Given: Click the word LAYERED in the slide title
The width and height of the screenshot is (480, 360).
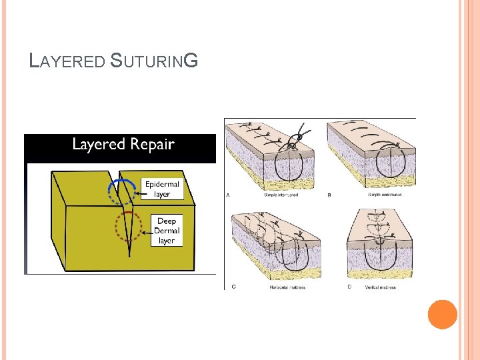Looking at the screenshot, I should (68, 62).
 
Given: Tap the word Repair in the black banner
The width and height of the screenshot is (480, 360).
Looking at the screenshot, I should (151, 145).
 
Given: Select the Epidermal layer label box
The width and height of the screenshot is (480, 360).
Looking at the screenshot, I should (162, 189).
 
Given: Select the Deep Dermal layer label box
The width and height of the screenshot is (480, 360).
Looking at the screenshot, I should (167, 230).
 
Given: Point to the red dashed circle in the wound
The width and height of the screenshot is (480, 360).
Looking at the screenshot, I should (127, 227).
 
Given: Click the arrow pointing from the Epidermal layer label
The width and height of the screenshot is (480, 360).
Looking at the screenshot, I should (137, 193).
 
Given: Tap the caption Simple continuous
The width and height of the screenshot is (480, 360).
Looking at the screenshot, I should (385, 195).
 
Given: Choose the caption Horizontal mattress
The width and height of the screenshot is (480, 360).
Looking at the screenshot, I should (280, 287).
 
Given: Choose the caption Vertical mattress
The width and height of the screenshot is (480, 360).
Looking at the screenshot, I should (380, 287).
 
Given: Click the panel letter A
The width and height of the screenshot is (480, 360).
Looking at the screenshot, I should (229, 195).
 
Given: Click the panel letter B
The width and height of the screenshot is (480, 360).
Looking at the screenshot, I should (329, 195).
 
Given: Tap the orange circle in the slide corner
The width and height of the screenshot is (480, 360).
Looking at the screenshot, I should (442, 315).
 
